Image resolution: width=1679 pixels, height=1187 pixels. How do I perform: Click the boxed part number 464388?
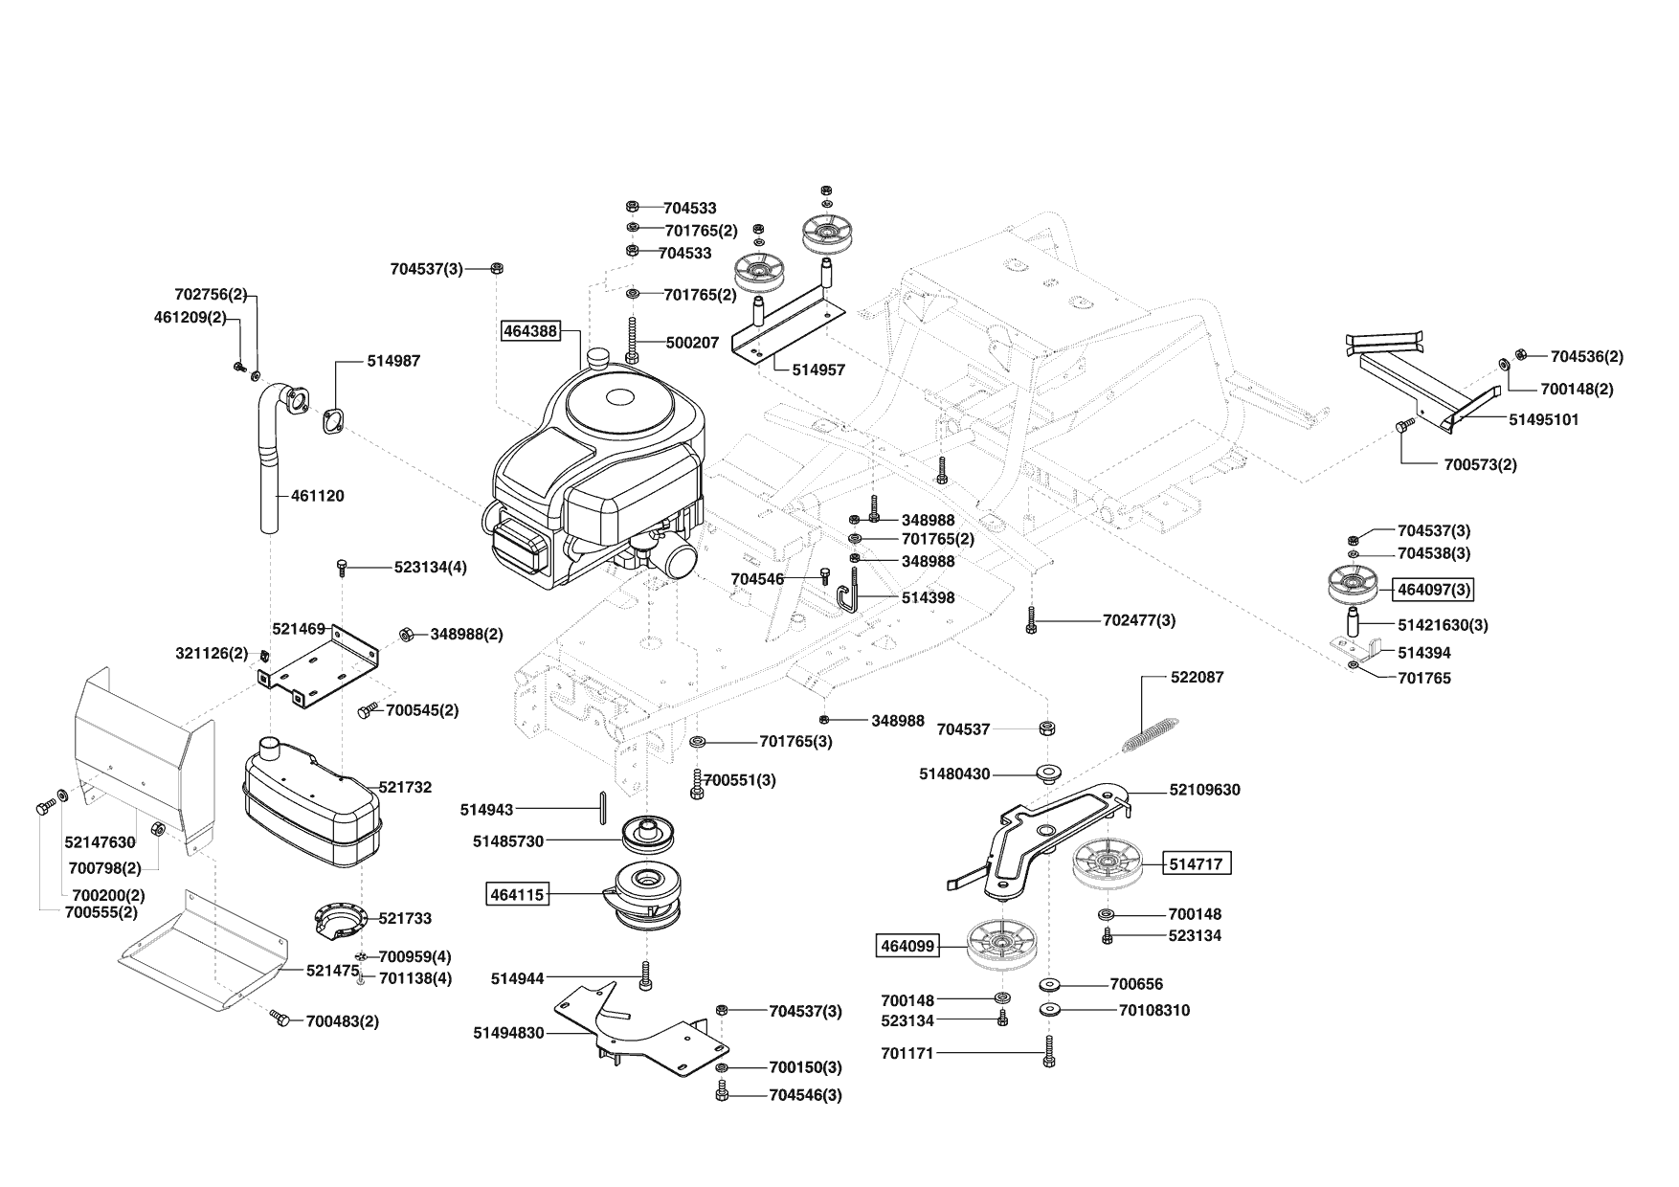coord(529,330)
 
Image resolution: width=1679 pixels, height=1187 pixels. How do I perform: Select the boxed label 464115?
coord(517,895)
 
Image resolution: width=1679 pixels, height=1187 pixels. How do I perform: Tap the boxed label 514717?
coord(1197,863)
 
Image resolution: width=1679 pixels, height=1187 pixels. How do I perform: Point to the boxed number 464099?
coord(907,947)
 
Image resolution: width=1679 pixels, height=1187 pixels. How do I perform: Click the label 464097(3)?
coord(1434,590)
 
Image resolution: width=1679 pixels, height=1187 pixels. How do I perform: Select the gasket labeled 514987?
coord(334,421)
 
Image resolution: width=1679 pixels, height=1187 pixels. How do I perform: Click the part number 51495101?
coord(1544,419)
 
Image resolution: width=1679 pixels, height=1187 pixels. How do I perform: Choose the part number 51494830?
coord(508,1033)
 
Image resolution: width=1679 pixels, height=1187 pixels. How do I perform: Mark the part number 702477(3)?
coord(1139,620)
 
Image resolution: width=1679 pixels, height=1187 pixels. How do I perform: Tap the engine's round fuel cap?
coord(601,358)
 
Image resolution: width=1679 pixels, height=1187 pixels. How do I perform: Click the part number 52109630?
coord(1204,790)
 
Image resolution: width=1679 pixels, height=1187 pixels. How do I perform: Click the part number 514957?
coord(818,370)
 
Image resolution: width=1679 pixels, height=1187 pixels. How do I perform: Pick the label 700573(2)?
coord(1480,465)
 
